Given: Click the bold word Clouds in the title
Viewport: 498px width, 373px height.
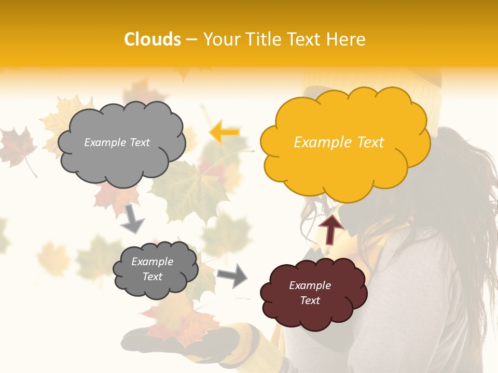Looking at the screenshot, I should coord(153,39).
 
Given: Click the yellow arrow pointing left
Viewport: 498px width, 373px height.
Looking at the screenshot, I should coord(224,133).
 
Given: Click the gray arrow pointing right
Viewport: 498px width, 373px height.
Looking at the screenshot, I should coord(232,275).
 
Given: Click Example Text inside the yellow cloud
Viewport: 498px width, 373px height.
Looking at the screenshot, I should coord(339,142).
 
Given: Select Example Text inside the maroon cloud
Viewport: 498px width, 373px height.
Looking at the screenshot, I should coord(310,293).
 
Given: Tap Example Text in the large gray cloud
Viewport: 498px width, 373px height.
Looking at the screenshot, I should coord(117,142).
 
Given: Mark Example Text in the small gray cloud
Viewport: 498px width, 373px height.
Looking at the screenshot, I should coord(153,269).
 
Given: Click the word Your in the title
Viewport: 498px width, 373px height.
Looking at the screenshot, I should coord(220,39).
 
